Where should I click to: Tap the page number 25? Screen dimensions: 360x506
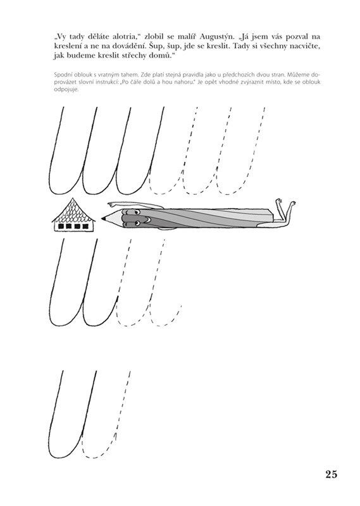pos(331,474)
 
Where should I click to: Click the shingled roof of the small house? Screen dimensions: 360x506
pos(74,211)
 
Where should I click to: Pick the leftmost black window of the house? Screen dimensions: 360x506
pos(60,226)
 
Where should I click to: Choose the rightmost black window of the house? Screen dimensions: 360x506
pos(85,226)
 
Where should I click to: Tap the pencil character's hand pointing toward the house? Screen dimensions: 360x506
pos(111,204)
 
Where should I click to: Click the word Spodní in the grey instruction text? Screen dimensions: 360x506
pos(61,75)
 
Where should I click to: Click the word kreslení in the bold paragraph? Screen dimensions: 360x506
pos(68,46)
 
